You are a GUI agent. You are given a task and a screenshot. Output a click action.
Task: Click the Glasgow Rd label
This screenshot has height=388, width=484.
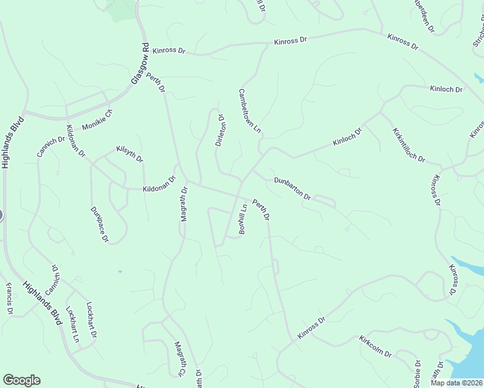(141, 63)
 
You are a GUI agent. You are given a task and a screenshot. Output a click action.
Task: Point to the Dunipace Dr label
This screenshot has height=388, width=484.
(99, 224)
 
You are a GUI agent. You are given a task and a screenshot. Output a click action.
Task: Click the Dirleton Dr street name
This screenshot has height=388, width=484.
(219, 131)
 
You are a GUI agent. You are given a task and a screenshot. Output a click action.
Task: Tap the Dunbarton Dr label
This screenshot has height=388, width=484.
(292, 188)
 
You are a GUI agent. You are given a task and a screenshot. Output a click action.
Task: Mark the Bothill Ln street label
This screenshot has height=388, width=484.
(243, 219)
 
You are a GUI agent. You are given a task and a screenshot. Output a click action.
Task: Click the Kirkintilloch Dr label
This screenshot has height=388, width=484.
(408, 145)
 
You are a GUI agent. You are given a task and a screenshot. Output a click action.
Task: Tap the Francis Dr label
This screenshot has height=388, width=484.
(10, 298)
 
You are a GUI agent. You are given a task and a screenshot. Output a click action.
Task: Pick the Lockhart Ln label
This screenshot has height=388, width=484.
(74, 327)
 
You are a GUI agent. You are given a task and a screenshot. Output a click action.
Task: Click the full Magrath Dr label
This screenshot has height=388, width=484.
(184, 204)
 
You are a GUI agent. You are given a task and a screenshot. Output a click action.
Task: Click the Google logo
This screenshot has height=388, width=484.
(21, 380)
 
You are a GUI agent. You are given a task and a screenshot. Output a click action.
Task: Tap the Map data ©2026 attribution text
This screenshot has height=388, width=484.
(456, 383)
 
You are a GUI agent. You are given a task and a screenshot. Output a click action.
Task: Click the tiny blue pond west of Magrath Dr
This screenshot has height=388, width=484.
(120, 272)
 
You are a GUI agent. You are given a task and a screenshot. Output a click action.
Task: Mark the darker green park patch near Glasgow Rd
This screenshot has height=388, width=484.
(122, 9)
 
